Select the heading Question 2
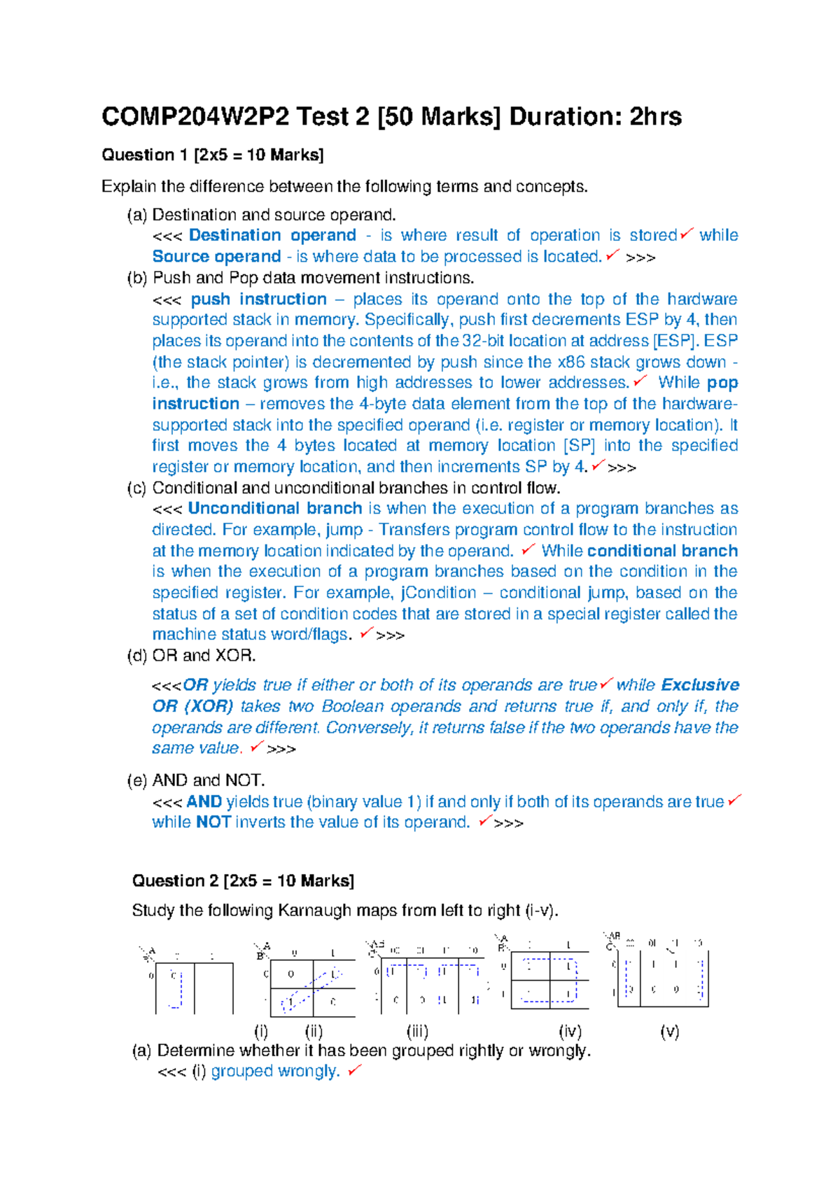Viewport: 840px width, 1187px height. (175, 880)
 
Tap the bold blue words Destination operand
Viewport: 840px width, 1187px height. (272, 235)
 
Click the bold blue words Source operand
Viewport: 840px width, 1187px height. (216, 257)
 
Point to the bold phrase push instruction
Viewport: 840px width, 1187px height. (258, 299)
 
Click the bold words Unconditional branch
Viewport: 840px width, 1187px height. (274, 508)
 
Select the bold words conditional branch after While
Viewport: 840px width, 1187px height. (662, 551)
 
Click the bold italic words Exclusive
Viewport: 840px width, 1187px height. (700, 684)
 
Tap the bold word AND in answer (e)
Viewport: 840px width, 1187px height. (204, 801)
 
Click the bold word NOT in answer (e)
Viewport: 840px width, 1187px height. (213, 822)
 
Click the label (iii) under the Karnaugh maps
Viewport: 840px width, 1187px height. (417, 1031)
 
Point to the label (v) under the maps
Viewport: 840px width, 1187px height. (669, 1031)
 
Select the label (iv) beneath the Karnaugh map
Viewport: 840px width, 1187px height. (570, 1031)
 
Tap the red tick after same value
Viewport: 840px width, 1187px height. (256, 747)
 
